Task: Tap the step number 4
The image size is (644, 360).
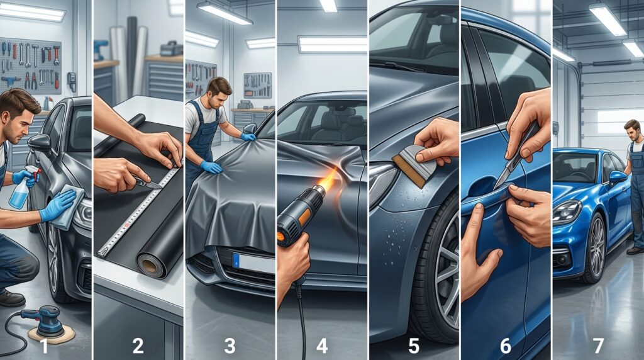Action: coord(323,345)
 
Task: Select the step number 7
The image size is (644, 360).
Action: coord(597,345)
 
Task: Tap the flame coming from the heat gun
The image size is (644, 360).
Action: coord(328,182)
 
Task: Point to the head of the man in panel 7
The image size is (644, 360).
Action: coord(631,130)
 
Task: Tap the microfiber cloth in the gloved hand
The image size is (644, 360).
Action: coord(65,208)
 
